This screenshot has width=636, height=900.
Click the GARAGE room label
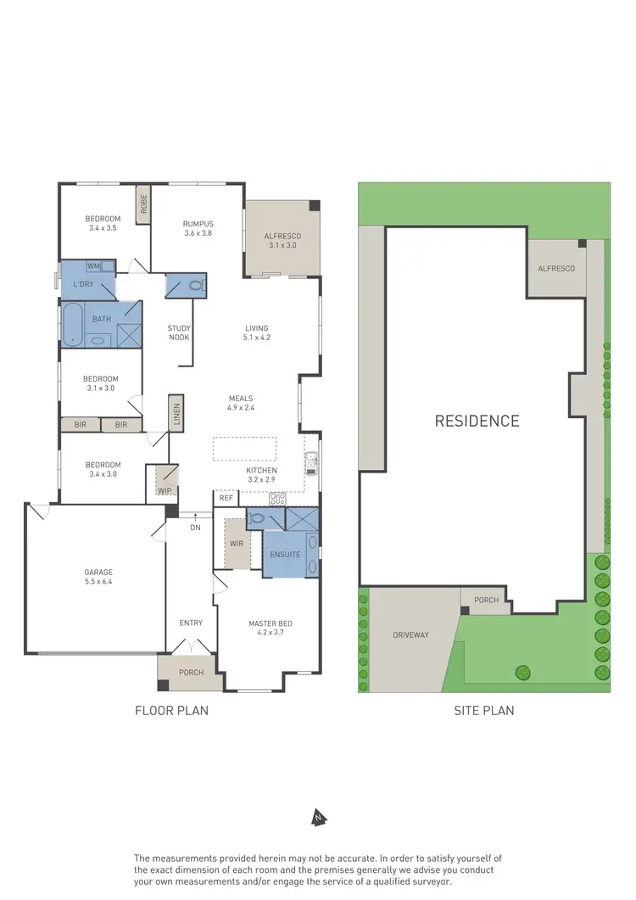coord(98,577)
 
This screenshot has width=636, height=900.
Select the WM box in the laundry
coord(92,266)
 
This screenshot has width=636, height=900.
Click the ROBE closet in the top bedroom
coord(144,204)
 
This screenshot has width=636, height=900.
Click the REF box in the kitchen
coord(226,499)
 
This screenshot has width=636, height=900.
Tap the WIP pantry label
coord(163,490)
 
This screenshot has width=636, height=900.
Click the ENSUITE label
coord(285,555)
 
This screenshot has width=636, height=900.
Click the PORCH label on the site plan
coord(486,601)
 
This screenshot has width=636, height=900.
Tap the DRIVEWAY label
coord(410,635)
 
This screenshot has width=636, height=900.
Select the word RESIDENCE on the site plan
coord(477,421)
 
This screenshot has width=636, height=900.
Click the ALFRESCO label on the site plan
coord(555,269)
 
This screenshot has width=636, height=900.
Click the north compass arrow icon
coord(319,818)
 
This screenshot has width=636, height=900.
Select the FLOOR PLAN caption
coord(171,711)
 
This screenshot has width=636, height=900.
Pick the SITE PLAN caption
coord(484,711)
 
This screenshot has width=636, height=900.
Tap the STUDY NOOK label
coord(178,333)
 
